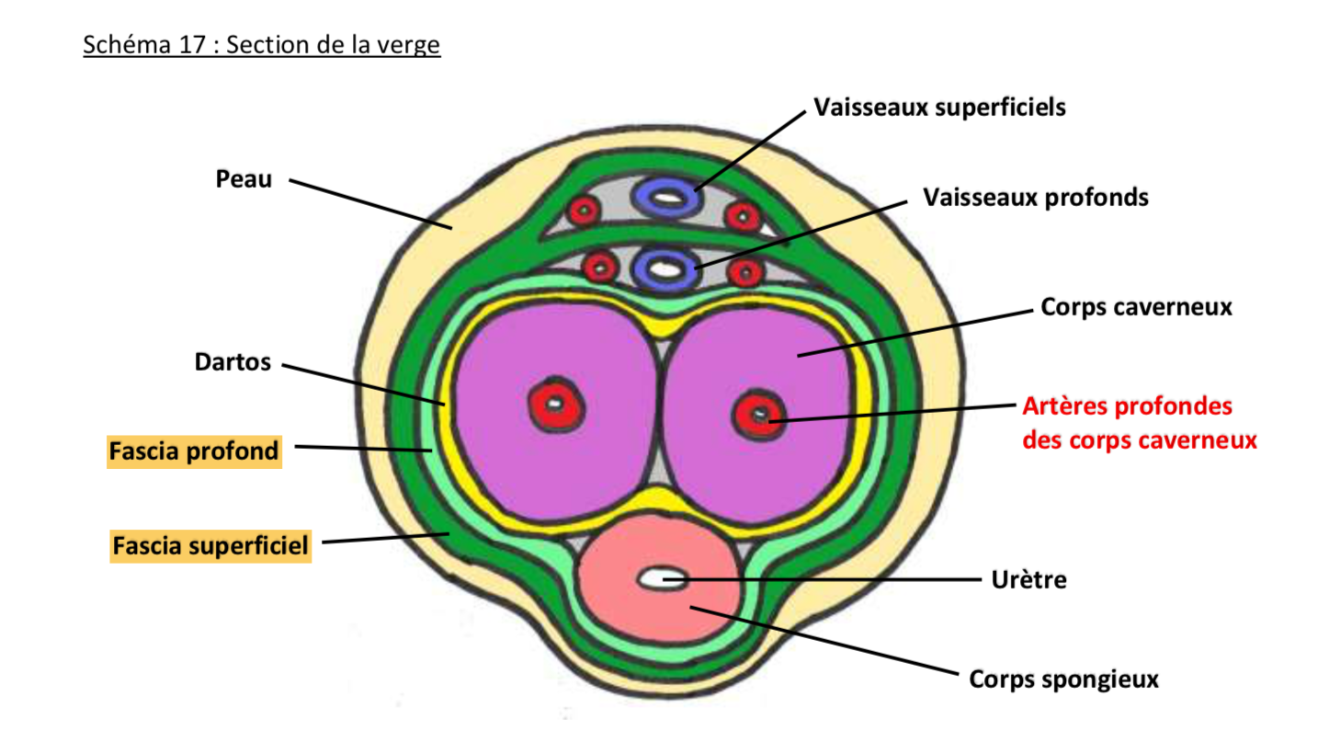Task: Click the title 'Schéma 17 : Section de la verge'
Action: coord(261,44)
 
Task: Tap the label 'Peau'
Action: coord(244,178)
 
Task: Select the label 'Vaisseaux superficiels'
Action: coord(939,108)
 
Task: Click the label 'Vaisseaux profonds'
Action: coord(1036,198)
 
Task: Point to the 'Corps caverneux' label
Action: coord(1136,307)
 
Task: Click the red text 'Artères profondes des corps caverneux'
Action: coord(1139,423)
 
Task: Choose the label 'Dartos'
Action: coord(233,362)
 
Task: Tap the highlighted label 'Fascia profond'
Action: coord(194,451)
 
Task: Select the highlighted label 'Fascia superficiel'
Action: coord(210,546)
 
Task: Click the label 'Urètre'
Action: coord(1028,580)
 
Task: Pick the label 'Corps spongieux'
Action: coord(1063,680)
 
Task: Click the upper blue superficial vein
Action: coord(666,195)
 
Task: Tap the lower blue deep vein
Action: coord(664,269)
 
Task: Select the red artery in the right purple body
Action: coord(759,415)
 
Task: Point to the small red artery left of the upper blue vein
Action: coord(584,211)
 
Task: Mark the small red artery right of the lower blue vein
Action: coord(745,272)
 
